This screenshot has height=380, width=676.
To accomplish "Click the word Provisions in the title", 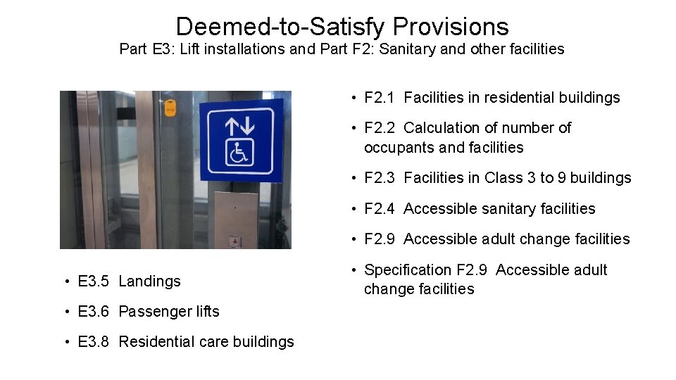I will [451, 27].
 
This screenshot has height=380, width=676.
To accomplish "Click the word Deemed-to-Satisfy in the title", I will [281, 27].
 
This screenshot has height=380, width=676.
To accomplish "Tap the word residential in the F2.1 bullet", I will [516, 98].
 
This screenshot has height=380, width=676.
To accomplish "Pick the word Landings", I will [149, 281].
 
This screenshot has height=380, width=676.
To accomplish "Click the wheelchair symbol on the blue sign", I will [239, 151].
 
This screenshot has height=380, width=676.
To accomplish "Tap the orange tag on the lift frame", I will [170, 108].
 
